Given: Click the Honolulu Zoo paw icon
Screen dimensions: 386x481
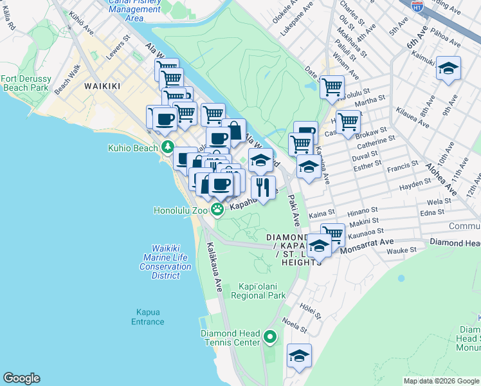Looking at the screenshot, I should (x=218, y=208).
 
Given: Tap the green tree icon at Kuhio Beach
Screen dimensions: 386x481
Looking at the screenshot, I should (x=168, y=147).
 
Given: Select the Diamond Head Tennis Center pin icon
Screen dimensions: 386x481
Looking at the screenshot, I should (x=271, y=336).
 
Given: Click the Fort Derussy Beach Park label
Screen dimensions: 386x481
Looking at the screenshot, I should (x=25, y=83).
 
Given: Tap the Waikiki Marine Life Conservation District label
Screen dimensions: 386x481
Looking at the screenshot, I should (x=165, y=262).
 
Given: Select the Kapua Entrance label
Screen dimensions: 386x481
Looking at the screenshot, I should (x=148, y=317).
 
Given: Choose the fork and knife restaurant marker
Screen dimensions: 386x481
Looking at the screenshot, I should (x=262, y=187).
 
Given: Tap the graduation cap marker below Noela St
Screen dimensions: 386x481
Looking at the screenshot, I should (x=299, y=355).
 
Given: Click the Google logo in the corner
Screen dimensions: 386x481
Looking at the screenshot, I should (x=22, y=378).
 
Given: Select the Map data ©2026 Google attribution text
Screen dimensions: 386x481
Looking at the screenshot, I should (x=440, y=381).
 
